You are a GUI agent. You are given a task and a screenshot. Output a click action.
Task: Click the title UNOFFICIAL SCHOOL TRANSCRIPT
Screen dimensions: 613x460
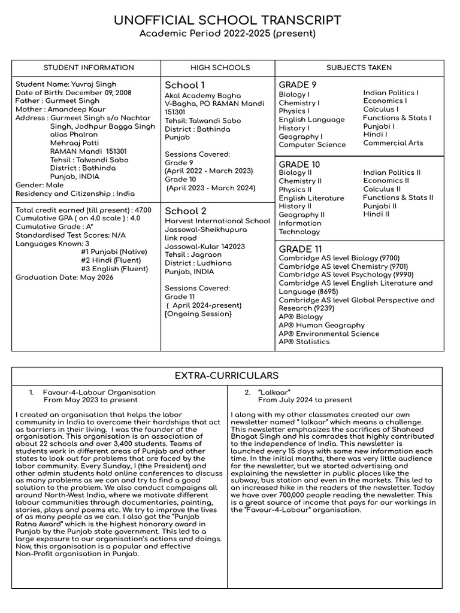tap(228, 20)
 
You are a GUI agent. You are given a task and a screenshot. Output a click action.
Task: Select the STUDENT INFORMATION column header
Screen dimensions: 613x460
tap(89, 68)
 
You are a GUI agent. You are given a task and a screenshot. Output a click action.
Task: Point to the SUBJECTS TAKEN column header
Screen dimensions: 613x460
tap(359, 68)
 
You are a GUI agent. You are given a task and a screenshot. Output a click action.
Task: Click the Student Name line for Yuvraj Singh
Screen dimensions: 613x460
tap(66, 84)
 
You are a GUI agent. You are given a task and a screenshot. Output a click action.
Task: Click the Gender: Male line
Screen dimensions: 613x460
tap(39, 186)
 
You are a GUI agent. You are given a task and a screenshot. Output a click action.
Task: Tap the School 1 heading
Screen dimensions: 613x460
tap(184, 85)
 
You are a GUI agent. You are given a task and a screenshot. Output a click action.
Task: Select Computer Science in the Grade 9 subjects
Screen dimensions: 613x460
tap(312, 145)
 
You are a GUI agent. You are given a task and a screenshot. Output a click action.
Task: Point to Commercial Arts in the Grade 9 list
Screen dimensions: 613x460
tap(393, 143)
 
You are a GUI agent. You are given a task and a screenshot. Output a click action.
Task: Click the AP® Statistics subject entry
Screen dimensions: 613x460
tap(304, 342)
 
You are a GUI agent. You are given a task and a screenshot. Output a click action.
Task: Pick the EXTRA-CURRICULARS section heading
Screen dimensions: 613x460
tap(226, 375)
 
